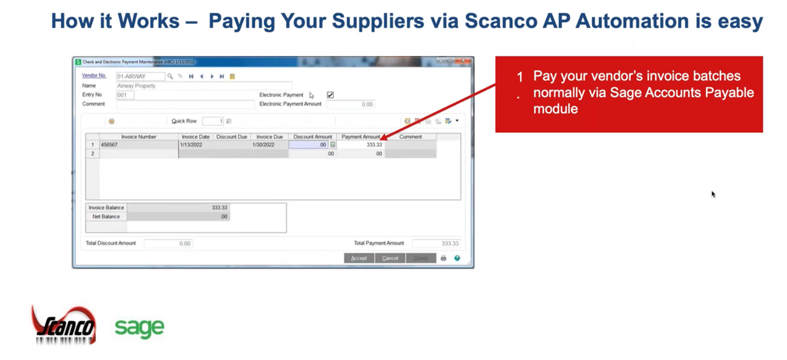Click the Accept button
[x=359, y=258]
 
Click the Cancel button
[x=390, y=258]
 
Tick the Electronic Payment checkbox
[x=330, y=95]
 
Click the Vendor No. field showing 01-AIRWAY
[x=140, y=77]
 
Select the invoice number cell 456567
[x=139, y=145]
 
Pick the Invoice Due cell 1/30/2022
[x=269, y=145]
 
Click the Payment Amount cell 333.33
[x=361, y=145]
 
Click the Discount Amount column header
[x=313, y=137]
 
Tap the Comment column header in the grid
[x=411, y=137]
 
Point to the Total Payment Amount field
[x=436, y=243]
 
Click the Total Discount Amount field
[x=168, y=243]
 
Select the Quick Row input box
[x=212, y=121]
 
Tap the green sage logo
[x=139, y=328]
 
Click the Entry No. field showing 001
[x=125, y=95]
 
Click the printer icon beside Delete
[x=444, y=258]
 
